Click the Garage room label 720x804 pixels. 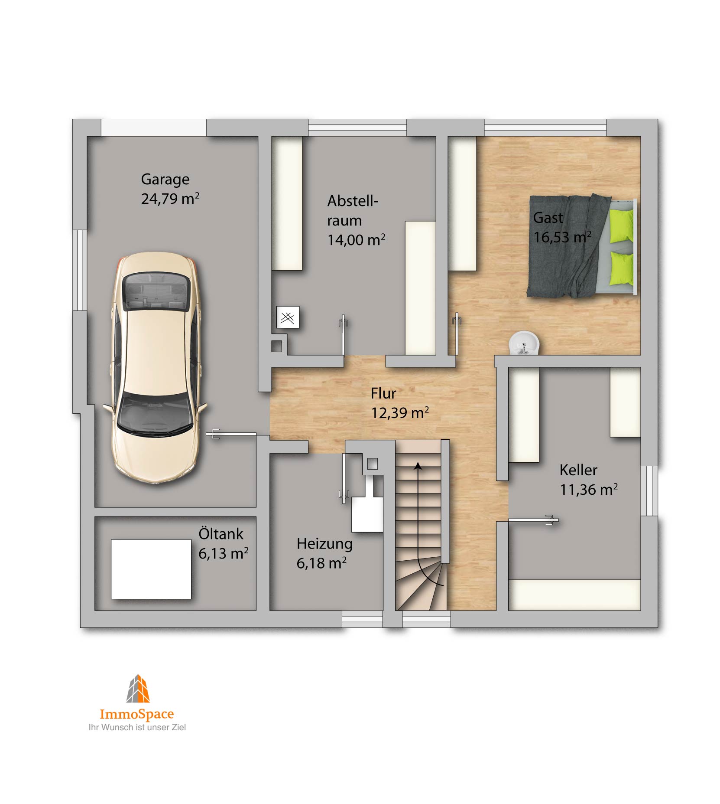coord(165,180)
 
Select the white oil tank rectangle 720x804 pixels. coord(151,569)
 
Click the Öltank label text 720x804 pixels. coord(221,533)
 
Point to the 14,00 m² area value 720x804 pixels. coord(356,239)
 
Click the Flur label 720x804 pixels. coord(383,393)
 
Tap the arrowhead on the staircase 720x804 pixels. coord(418,466)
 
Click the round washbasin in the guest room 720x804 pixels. coord(524,343)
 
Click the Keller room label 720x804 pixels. coord(578,470)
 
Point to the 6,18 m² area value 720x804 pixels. coord(321,563)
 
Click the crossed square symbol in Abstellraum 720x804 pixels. coord(288,317)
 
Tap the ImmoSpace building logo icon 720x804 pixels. coord(138,688)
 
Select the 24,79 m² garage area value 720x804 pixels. coord(170,199)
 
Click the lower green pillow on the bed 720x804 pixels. coord(622,268)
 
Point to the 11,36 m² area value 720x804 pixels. coord(589,490)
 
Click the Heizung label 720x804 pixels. coord(324,544)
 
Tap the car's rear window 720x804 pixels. coord(156,291)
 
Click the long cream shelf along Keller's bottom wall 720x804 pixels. coord(574,595)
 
